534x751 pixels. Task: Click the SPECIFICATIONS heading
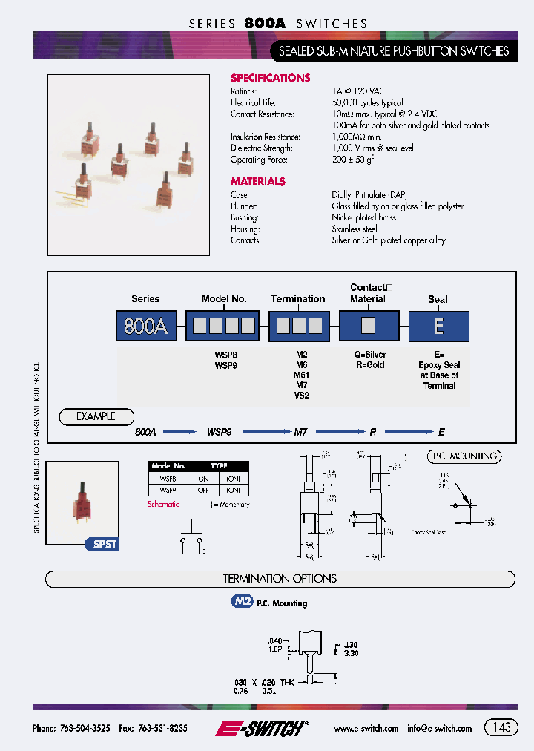270,78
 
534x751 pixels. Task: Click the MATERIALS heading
257,181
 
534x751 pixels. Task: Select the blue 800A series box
145,326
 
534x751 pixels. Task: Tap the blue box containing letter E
438,326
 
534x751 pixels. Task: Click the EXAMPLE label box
96,416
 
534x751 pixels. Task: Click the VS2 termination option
301,396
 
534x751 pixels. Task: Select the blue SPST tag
105,544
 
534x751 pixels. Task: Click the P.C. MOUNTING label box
464,456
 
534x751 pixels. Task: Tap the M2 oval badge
243,603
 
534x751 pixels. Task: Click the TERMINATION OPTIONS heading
280,579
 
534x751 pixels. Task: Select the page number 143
501,727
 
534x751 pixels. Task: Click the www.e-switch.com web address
366,729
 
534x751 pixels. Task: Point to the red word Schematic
163,505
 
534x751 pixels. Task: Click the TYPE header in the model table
219,466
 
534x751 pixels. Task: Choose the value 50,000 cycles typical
367,102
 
